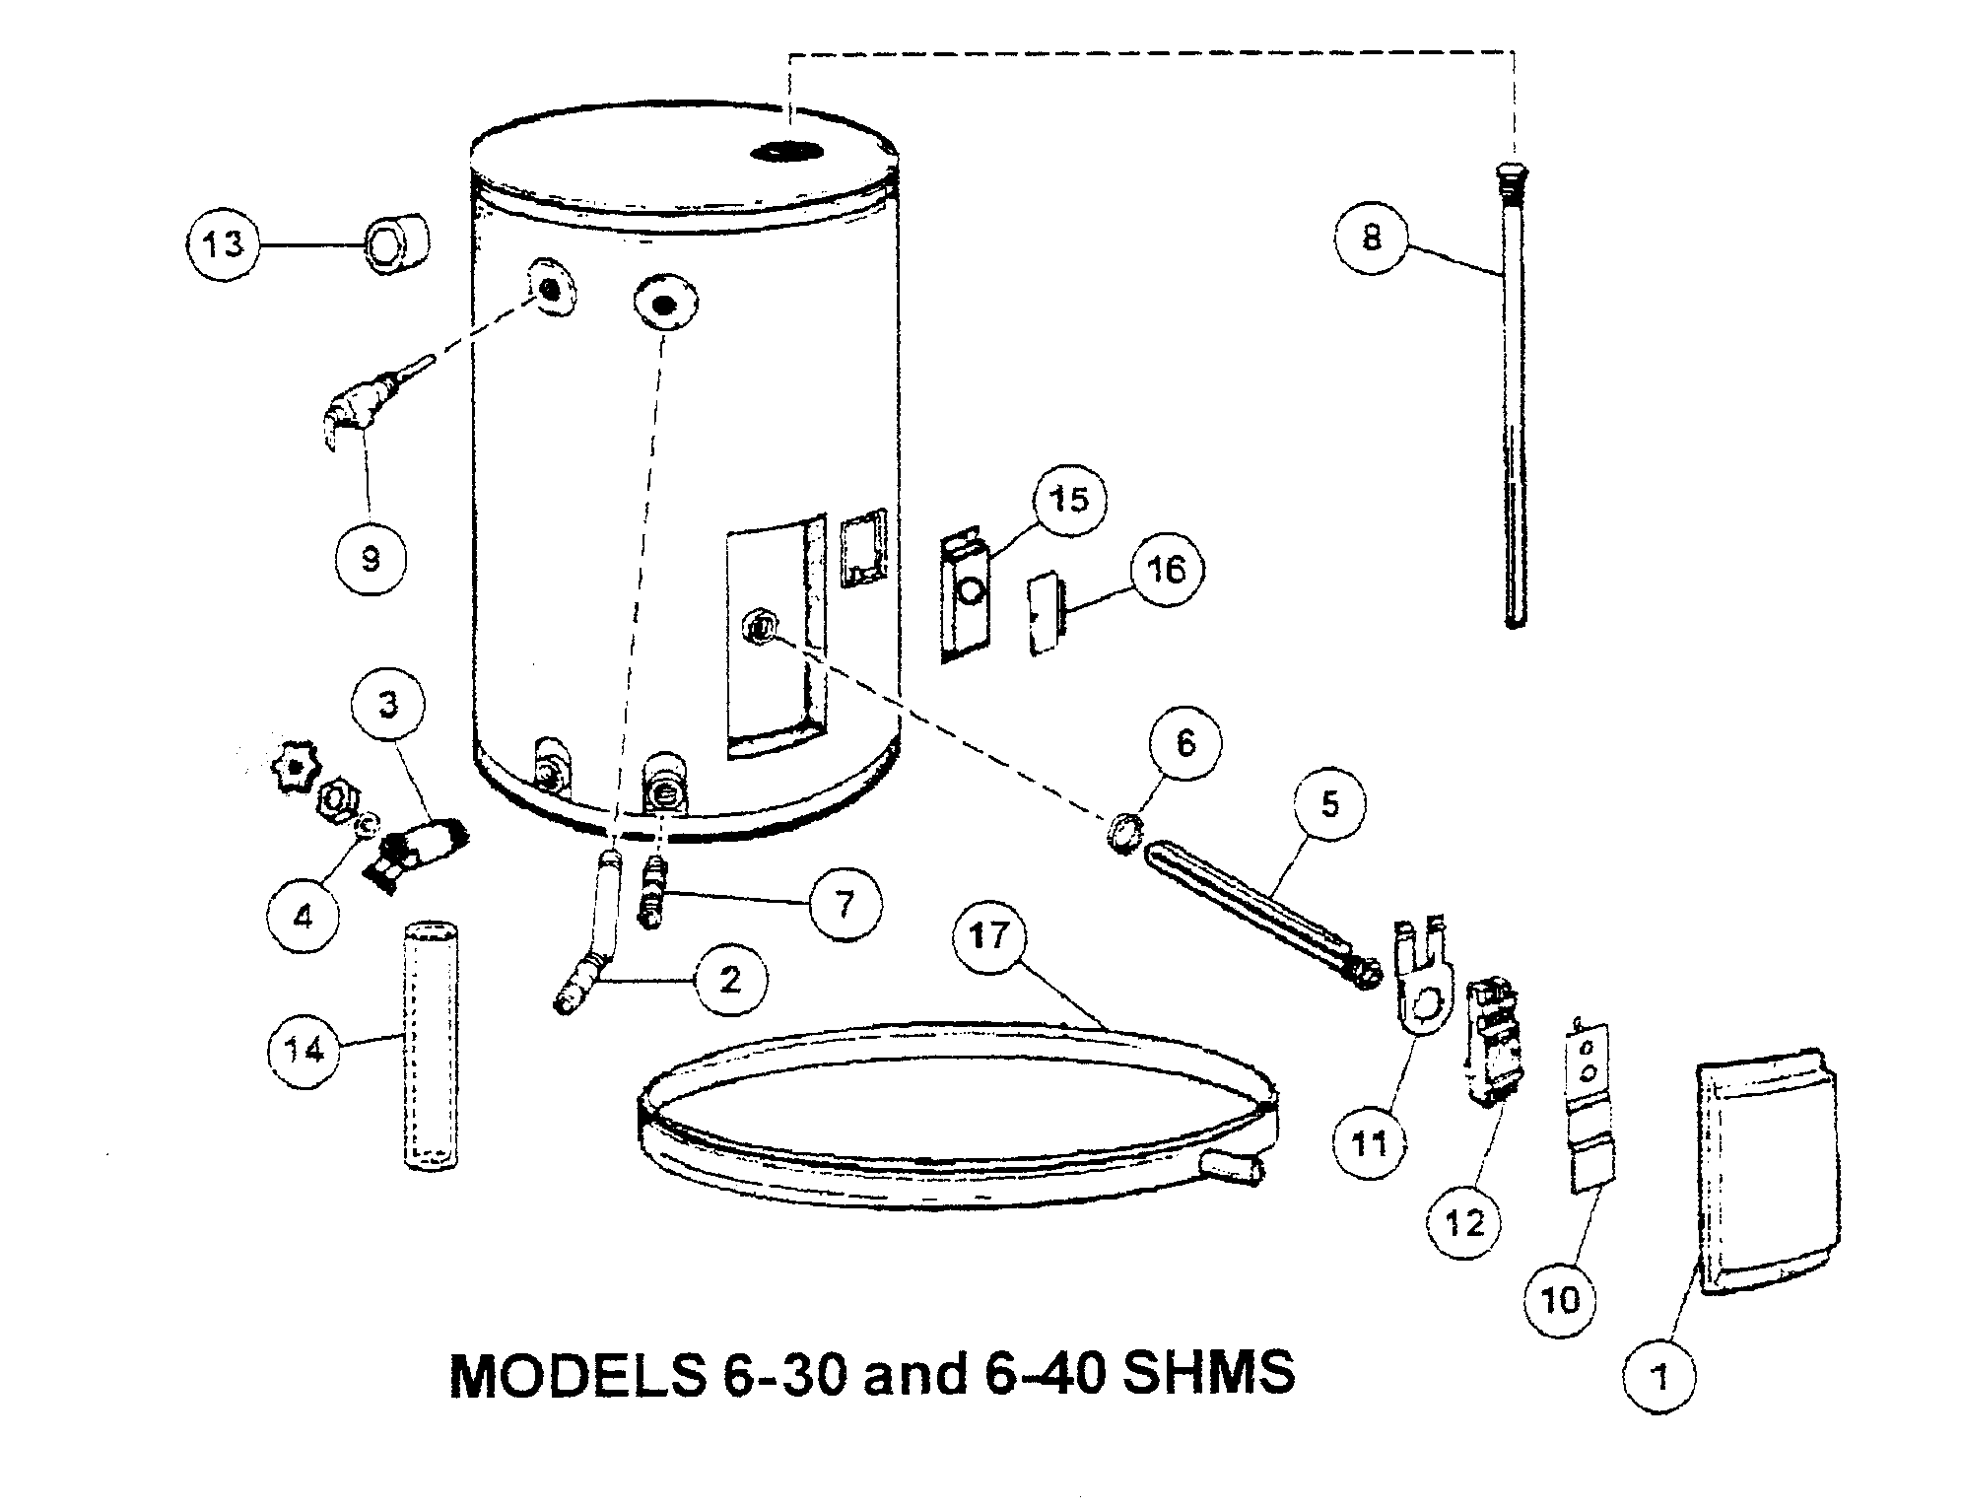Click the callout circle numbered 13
point(224,242)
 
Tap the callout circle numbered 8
point(1373,237)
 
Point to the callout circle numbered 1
point(1660,1376)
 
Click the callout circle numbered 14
point(304,1051)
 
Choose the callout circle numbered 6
point(1185,742)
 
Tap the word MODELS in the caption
point(577,1372)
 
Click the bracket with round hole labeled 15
point(964,595)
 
